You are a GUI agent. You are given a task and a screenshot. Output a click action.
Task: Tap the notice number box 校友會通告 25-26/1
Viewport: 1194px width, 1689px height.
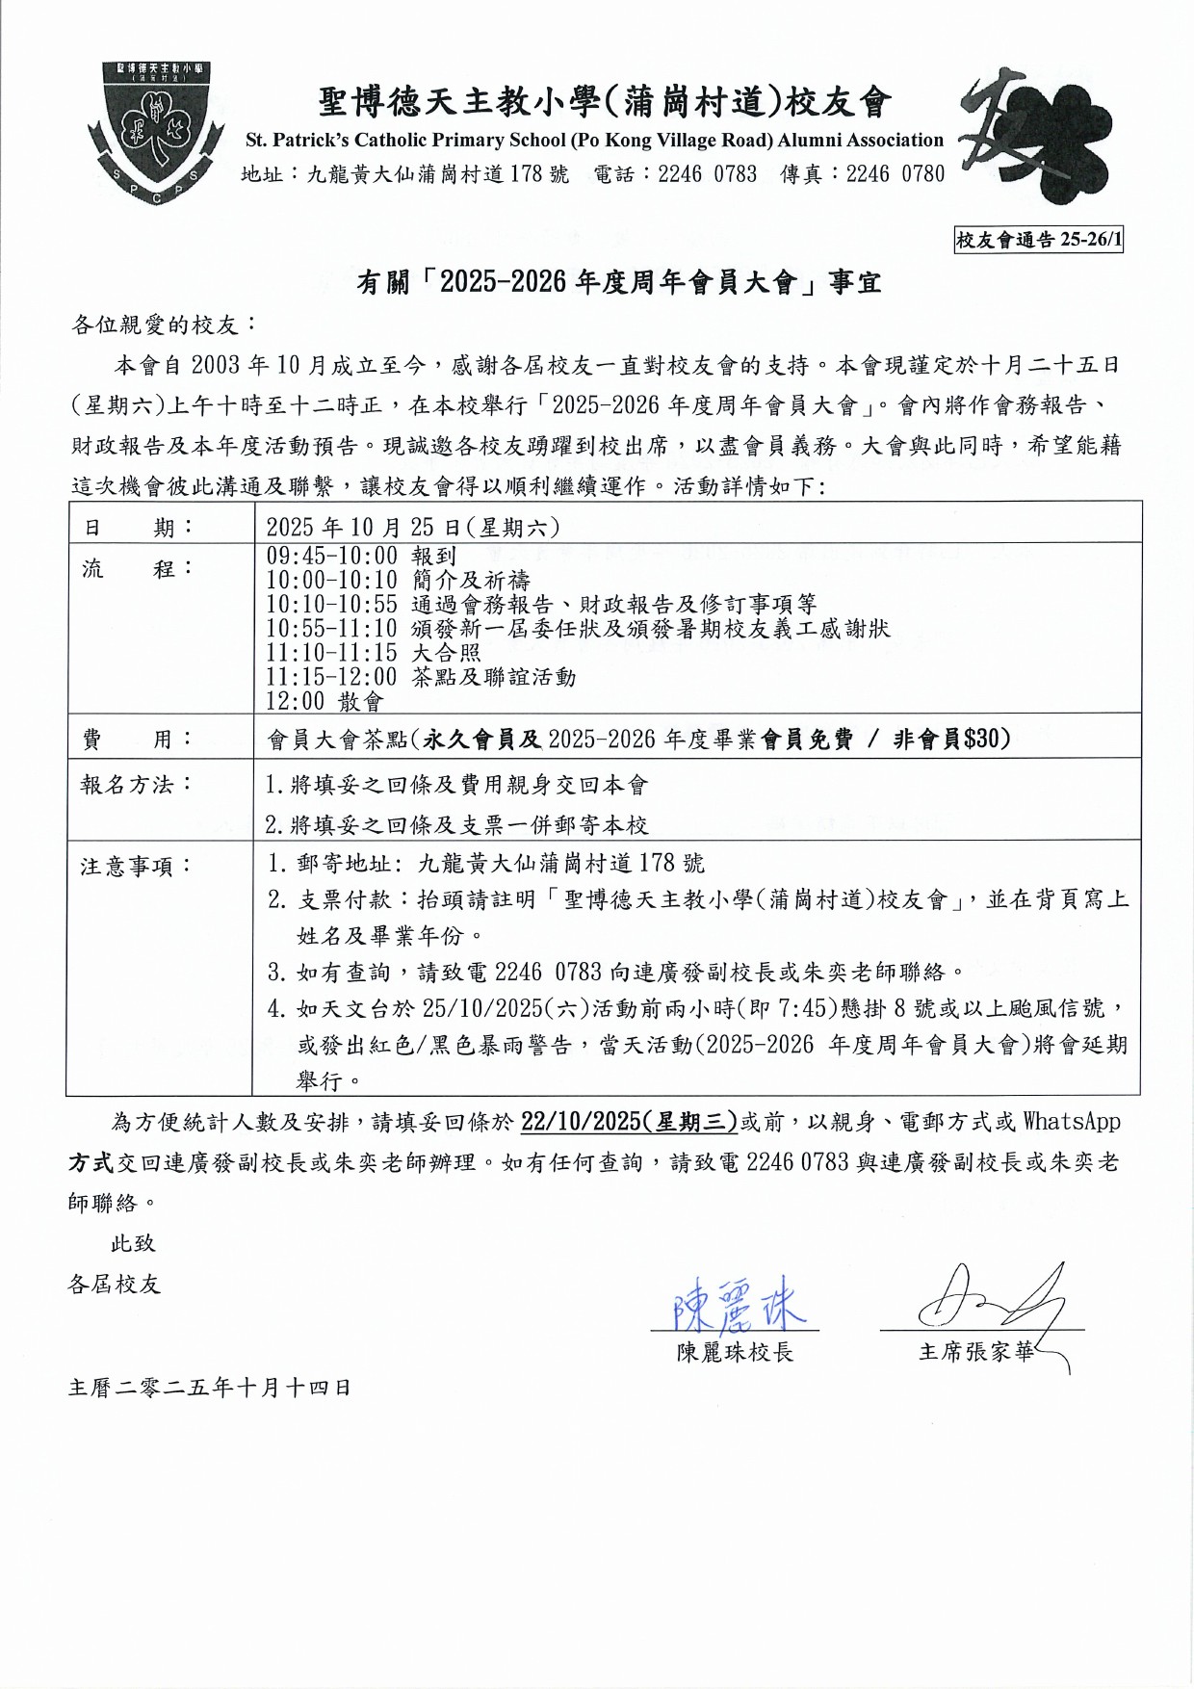(x=1038, y=240)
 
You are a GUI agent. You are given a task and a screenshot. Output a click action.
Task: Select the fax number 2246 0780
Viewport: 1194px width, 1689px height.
(x=895, y=174)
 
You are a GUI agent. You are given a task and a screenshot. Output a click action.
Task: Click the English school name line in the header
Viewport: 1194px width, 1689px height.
(x=594, y=141)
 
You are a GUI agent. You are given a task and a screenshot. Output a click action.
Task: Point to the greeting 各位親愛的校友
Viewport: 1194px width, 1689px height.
(x=165, y=325)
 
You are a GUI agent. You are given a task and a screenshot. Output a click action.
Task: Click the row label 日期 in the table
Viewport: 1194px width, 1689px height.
(x=138, y=527)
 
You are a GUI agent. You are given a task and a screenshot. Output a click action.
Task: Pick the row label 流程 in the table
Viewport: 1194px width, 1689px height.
(x=138, y=568)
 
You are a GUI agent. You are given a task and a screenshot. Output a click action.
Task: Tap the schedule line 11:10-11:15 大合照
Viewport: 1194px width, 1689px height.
(x=373, y=653)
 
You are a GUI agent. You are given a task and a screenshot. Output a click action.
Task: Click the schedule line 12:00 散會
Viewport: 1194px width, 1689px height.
(x=324, y=701)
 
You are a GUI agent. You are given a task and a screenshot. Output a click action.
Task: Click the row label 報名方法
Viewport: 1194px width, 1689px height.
(x=138, y=785)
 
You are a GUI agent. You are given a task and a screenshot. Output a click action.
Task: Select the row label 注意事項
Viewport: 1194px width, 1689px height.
(x=138, y=867)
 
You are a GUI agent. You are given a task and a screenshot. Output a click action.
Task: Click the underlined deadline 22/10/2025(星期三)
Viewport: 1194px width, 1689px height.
(x=629, y=1122)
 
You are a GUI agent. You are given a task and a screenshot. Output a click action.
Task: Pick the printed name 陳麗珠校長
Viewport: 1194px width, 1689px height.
(x=735, y=1353)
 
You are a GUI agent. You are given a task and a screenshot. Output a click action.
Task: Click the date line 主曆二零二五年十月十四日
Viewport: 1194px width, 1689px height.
(x=209, y=1388)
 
